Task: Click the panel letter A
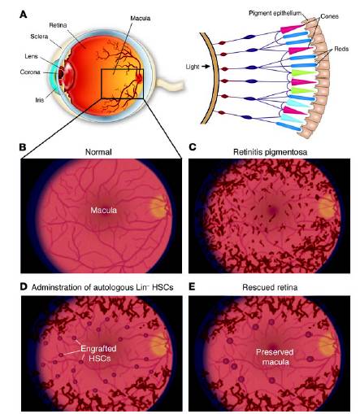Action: [24, 14]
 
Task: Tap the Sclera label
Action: [39, 37]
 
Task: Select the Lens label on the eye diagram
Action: [32, 56]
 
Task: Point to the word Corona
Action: [30, 72]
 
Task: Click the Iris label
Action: [40, 100]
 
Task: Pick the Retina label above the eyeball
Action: [58, 25]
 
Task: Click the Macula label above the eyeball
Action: [140, 19]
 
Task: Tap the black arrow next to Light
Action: [206, 66]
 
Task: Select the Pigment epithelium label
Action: [275, 13]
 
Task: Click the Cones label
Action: [329, 16]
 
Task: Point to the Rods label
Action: [341, 49]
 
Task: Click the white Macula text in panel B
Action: [104, 210]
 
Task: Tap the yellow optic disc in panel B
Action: [159, 207]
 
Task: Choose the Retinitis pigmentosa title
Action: [270, 152]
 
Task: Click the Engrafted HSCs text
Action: [99, 353]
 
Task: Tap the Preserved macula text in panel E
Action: [275, 357]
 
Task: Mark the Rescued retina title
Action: [270, 287]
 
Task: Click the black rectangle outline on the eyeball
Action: [102, 84]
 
